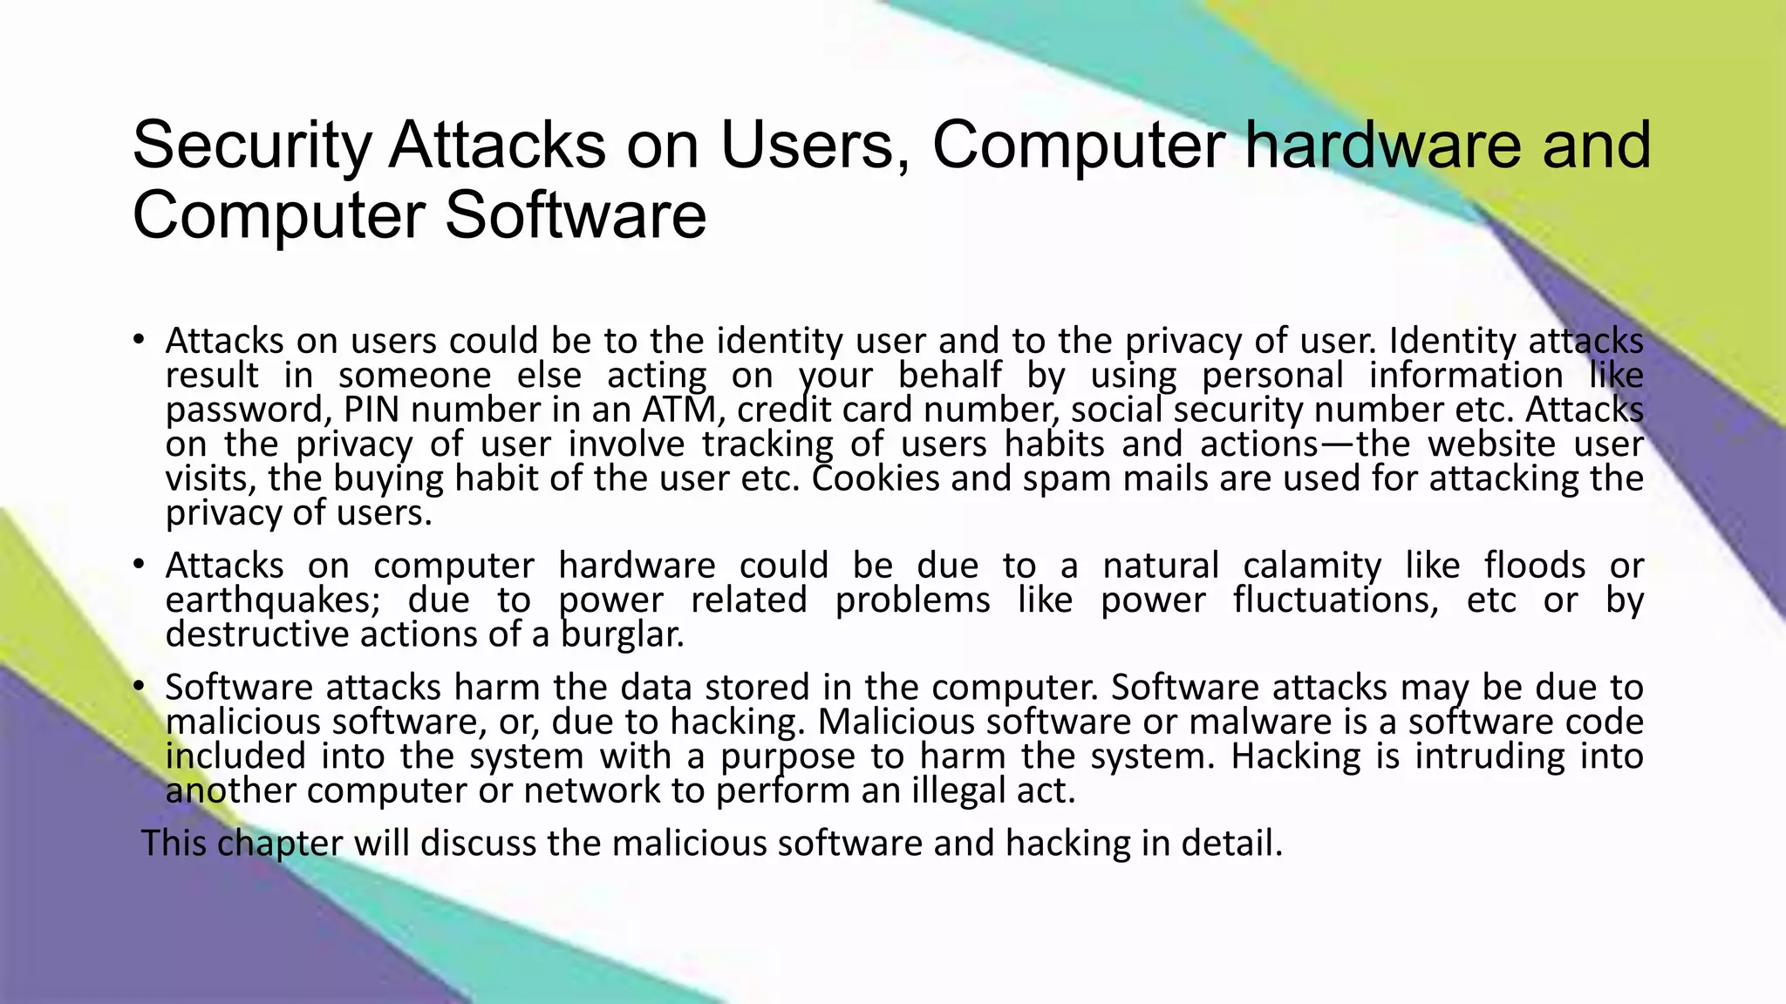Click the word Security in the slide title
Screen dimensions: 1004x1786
[x=252, y=146]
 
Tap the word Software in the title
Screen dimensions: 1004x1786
[x=576, y=216]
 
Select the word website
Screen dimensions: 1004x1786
[x=1491, y=444]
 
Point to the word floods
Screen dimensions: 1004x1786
[x=1534, y=566]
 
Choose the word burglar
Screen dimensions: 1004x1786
[x=622, y=634]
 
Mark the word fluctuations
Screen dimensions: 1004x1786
[x=1335, y=600]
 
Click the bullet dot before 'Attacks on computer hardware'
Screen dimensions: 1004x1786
[x=138, y=566]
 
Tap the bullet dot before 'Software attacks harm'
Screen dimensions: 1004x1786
[x=138, y=688]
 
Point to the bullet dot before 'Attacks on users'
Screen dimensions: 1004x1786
[x=138, y=340]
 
